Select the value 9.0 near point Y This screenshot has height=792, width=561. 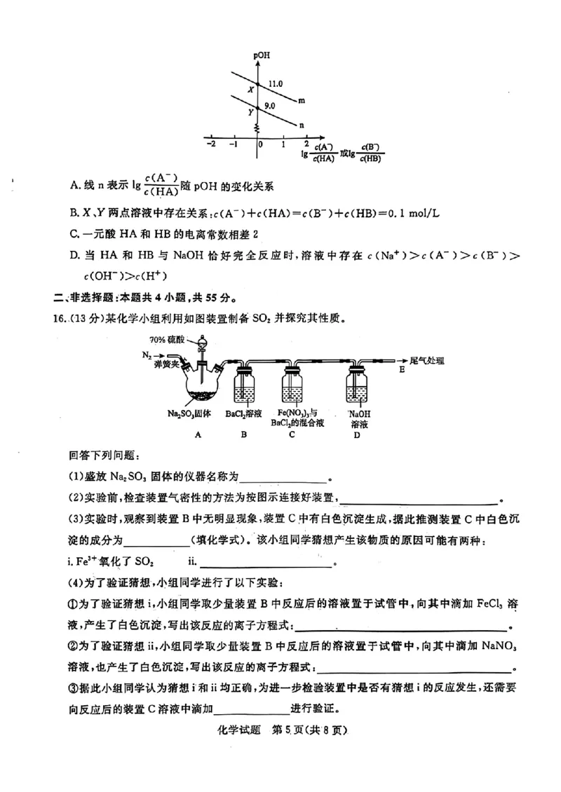[270, 106]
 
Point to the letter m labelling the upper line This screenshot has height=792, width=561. [302, 101]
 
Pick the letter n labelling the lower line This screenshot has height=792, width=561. [302, 126]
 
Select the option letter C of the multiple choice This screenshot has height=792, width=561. [75, 233]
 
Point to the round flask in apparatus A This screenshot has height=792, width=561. [199, 386]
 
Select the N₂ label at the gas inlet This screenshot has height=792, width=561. [147, 355]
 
